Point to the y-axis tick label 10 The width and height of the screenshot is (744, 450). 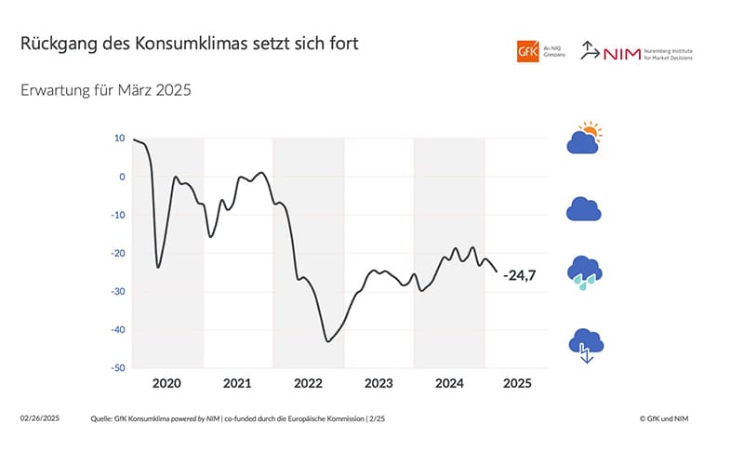[x=119, y=138]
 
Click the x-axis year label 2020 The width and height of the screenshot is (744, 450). [x=166, y=383]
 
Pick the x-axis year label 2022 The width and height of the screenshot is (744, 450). [x=308, y=383]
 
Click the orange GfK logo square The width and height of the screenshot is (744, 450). [x=528, y=50]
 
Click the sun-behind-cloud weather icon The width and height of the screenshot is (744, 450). [x=584, y=139]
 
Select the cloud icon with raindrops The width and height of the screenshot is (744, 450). [x=584, y=271]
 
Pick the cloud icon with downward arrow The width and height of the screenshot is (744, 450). [x=584, y=345]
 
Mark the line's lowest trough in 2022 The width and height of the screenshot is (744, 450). [x=327, y=341]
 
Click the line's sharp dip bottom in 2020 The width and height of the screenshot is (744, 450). [x=158, y=267]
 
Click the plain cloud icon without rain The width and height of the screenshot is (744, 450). [x=584, y=209]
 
